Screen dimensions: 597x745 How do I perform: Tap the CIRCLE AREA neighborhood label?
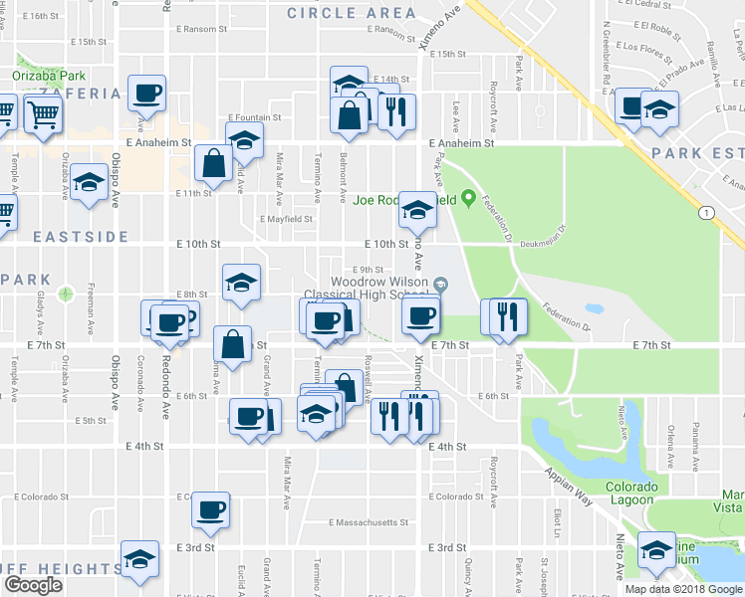click(352, 13)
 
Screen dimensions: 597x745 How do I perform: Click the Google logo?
click(33, 585)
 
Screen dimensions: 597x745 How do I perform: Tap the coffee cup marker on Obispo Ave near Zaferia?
click(146, 94)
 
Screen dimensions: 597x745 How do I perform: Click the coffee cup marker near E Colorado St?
click(210, 509)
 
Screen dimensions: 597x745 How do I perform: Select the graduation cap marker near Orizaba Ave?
click(90, 182)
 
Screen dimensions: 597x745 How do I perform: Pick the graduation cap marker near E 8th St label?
click(241, 283)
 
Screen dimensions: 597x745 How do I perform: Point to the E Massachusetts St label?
click(369, 522)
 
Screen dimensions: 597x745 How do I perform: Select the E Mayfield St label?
click(287, 219)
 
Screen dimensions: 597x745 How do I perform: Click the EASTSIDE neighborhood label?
click(66, 237)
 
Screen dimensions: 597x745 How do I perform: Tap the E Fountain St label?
click(255, 117)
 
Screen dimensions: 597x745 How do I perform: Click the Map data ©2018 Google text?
click(683, 589)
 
